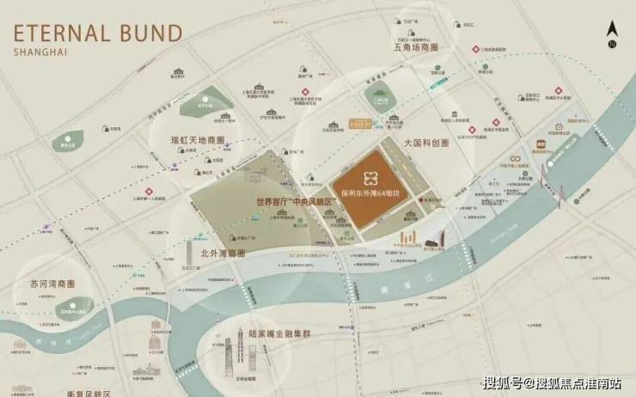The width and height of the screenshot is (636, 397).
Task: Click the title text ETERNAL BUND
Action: tap(97, 34)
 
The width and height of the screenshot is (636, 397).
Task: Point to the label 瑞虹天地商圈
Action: tap(187, 139)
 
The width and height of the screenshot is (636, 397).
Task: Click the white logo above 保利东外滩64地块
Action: tap(370, 176)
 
